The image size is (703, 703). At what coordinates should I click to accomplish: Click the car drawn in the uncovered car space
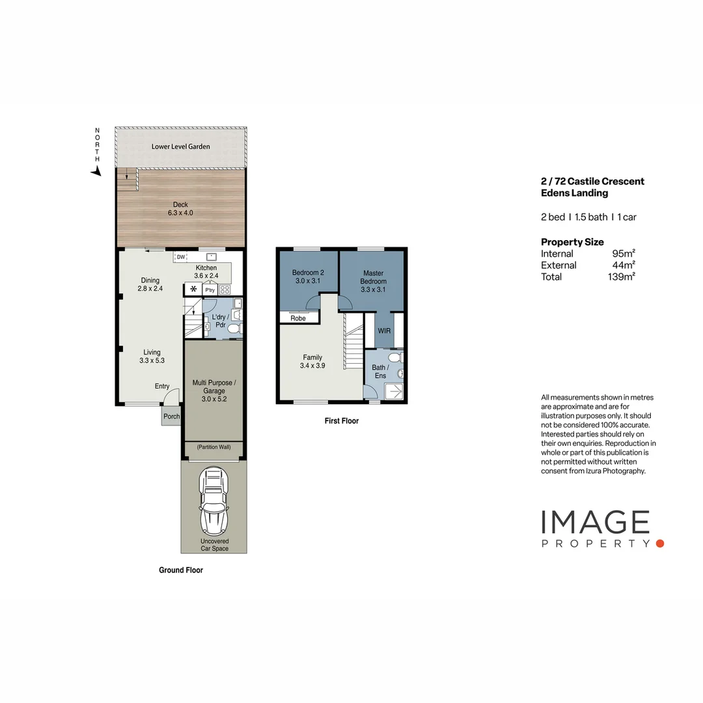pos(214,501)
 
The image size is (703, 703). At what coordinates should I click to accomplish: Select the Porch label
pos(171,417)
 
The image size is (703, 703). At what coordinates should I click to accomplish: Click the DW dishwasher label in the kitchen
pos(181,257)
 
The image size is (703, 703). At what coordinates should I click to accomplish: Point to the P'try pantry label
pos(210,290)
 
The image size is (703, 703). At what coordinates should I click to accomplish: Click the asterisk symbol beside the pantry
pos(193,289)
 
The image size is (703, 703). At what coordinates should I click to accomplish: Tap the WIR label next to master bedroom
pos(383,331)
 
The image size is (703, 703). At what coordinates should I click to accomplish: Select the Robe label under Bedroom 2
pos(298,318)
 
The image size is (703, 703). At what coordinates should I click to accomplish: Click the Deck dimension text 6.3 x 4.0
pos(180,213)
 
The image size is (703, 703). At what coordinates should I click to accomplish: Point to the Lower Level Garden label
pos(181,146)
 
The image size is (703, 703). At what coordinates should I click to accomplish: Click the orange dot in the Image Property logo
pos(659,543)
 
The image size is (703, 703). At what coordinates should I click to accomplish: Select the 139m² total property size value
pos(621,277)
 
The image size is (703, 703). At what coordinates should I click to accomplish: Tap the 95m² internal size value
pos(624,254)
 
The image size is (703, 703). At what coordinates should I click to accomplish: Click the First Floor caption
pos(342,421)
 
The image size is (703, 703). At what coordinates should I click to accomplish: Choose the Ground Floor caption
pos(181,570)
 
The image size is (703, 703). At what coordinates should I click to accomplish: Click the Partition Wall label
pos(214,447)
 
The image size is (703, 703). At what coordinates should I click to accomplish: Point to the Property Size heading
pos(572,242)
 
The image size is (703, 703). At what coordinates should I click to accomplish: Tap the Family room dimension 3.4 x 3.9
pos(312,366)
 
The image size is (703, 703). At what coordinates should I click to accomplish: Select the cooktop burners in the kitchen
pos(225,290)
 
